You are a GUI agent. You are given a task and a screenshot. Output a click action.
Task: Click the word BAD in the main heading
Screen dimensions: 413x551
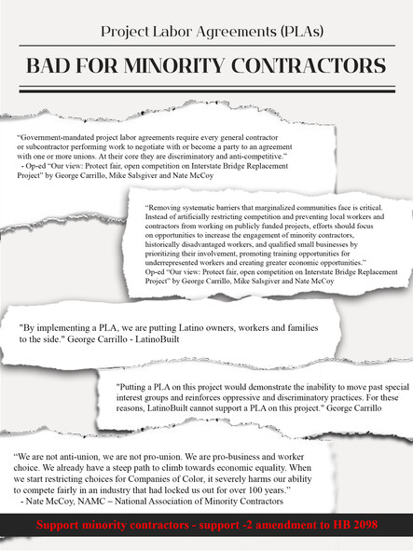pos(50,66)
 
